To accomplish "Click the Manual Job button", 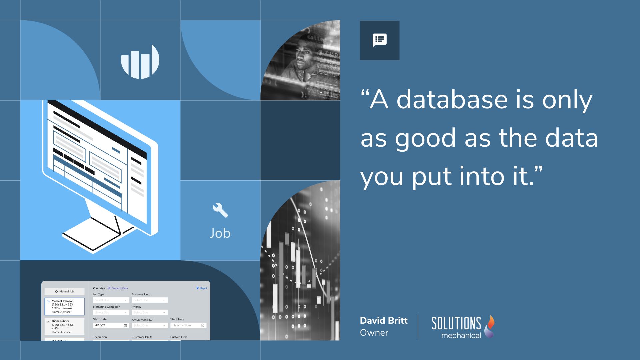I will (x=65, y=291).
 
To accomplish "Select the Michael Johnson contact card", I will (x=65, y=306).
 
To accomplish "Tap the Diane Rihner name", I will (x=60, y=321).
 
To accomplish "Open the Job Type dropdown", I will (x=111, y=300).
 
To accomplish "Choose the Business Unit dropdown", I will (x=150, y=300).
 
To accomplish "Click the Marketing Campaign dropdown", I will (x=111, y=312).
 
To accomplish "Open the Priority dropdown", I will (x=150, y=312).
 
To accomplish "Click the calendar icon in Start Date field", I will (x=125, y=325).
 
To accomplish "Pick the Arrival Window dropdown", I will (x=150, y=325).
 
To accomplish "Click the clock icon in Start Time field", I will (x=203, y=325).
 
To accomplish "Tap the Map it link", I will (x=202, y=288).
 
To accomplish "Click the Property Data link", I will (x=119, y=288).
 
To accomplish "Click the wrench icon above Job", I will (x=220, y=210).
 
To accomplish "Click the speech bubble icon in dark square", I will (x=379, y=40).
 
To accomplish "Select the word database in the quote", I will (x=453, y=100).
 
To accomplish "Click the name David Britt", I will (x=384, y=321).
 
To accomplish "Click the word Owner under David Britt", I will (x=374, y=333).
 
